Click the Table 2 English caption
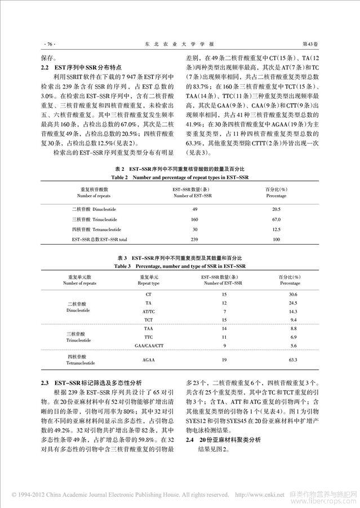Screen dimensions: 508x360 pyautogui.click(x=179, y=177)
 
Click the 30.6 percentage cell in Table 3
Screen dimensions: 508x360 pyautogui.click(x=292, y=294)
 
